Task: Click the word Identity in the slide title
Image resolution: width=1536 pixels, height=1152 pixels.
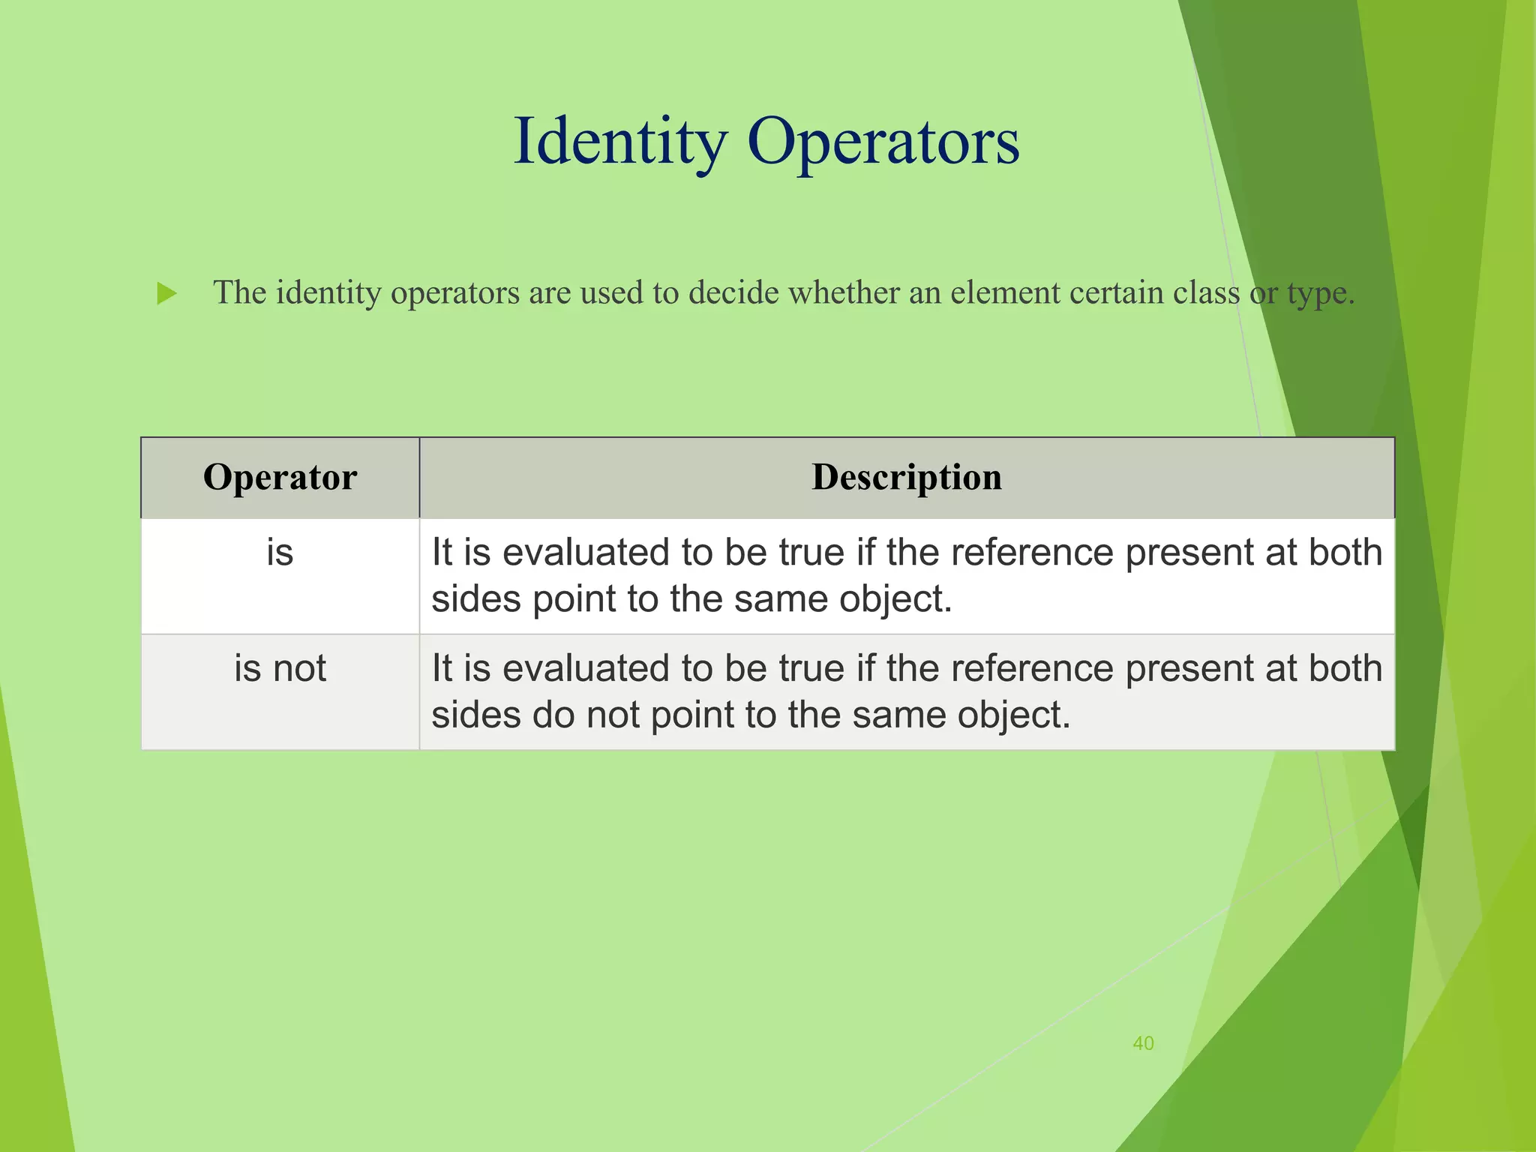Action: tap(619, 142)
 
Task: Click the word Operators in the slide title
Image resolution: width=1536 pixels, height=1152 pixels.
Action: tap(883, 142)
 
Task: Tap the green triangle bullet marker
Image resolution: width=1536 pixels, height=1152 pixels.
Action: tap(166, 293)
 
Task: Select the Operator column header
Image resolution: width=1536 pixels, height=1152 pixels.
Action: tap(280, 478)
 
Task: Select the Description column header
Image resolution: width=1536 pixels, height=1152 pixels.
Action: tap(906, 478)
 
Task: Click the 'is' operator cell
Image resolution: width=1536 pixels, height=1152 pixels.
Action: tap(280, 553)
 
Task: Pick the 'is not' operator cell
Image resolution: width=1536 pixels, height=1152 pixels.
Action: tap(280, 668)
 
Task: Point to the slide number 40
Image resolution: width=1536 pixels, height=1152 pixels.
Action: tap(1143, 1043)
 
